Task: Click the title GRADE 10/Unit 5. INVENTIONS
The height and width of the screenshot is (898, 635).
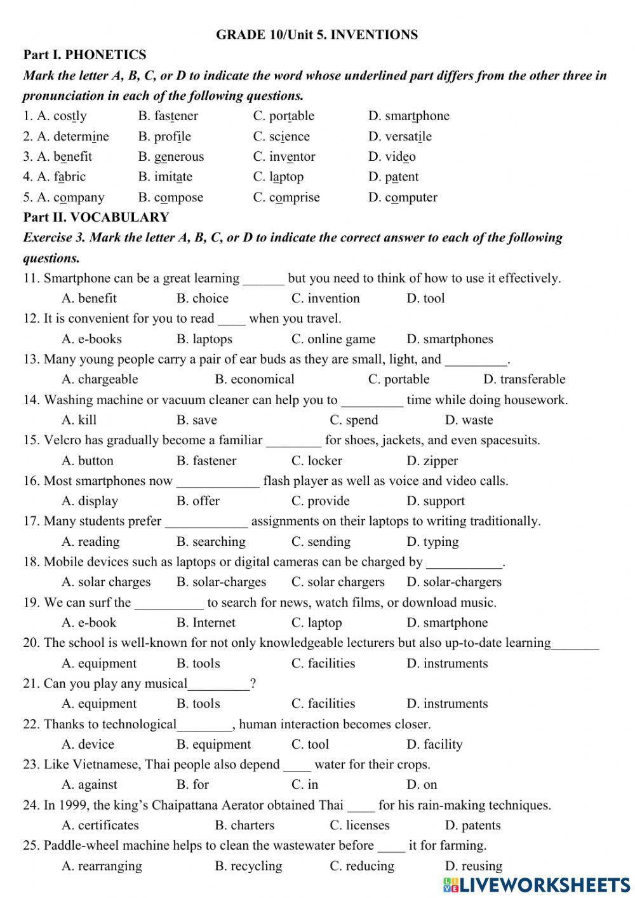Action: pyautogui.click(x=317, y=35)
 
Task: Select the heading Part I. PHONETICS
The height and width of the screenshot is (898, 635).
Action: pyautogui.click(x=84, y=55)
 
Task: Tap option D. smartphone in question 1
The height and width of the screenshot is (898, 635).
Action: pyautogui.click(x=408, y=116)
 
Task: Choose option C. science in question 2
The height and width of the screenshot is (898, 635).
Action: pyautogui.click(x=281, y=136)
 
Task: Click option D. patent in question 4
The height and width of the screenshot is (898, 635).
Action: pyautogui.click(x=393, y=177)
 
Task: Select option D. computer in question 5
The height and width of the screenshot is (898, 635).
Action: pyautogui.click(x=403, y=197)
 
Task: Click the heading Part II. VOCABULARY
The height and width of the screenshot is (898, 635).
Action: pyautogui.click(x=96, y=217)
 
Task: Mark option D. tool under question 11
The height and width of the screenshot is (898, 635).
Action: pyautogui.click(x=425, y=298)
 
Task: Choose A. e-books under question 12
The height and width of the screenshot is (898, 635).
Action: pyautogui.click(x=91, y=339)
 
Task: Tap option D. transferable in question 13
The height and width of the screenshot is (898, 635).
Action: pyautogui.click(x=524, y=379)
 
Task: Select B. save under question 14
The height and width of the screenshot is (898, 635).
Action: pyautogui.click(x=196, y=420)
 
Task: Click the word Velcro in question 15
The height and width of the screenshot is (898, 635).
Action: pyautogui.click(x=61, y=440)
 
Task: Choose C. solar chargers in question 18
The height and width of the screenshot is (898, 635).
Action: pyautogui.click(x=338, y=582)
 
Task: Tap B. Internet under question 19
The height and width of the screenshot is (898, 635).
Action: pyautogui.click(x=206, y=623)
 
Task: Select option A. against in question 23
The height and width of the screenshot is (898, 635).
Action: pyautogui.click(x=89, y=785)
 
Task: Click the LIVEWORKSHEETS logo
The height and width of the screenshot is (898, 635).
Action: pyautogui.click(x=537, y=884)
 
